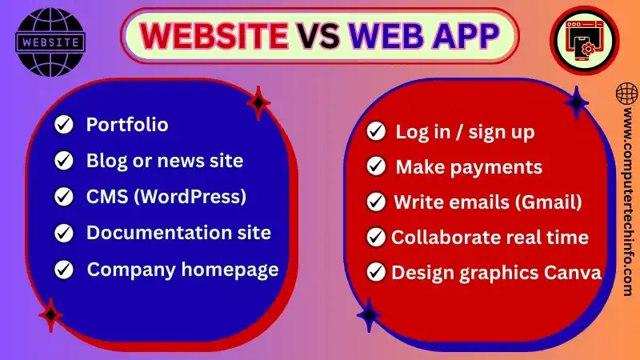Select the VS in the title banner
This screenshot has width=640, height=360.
coord(320,34)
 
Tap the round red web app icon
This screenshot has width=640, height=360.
coord(586,42)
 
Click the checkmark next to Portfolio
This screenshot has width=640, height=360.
coord(63,125)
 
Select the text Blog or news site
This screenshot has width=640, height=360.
coord(164,161)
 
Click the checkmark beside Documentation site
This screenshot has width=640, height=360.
coord(63,233)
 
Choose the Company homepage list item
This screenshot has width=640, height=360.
coord(182,269)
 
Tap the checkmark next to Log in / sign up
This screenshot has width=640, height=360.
coord(375,131)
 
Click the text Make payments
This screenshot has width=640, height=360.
coord(469,167)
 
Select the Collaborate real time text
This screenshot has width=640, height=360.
coord(490,238)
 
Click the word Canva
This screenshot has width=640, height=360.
coord(572,273)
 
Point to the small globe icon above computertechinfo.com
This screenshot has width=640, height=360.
coord(626,94)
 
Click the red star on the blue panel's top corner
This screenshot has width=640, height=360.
coord(258,102)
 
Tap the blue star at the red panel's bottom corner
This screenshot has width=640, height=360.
coord(369,314)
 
